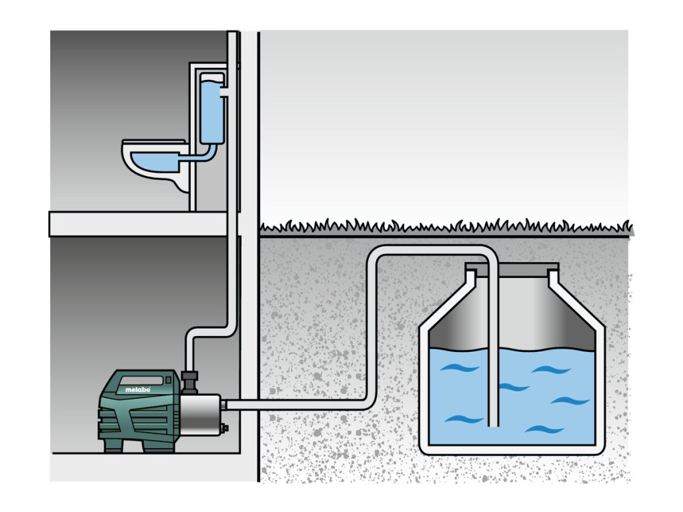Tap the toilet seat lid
pyautogui.click(x=143, y=143)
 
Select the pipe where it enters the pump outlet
pyautogui.click(x=226, y=403)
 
